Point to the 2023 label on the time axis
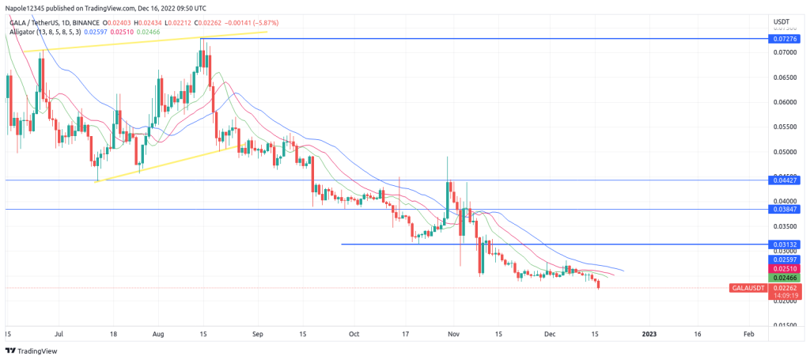[x=649, y=335]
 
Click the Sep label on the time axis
[x=256, y=335]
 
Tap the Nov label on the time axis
[x=453, y=335]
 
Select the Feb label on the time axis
[x=748, y=335]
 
